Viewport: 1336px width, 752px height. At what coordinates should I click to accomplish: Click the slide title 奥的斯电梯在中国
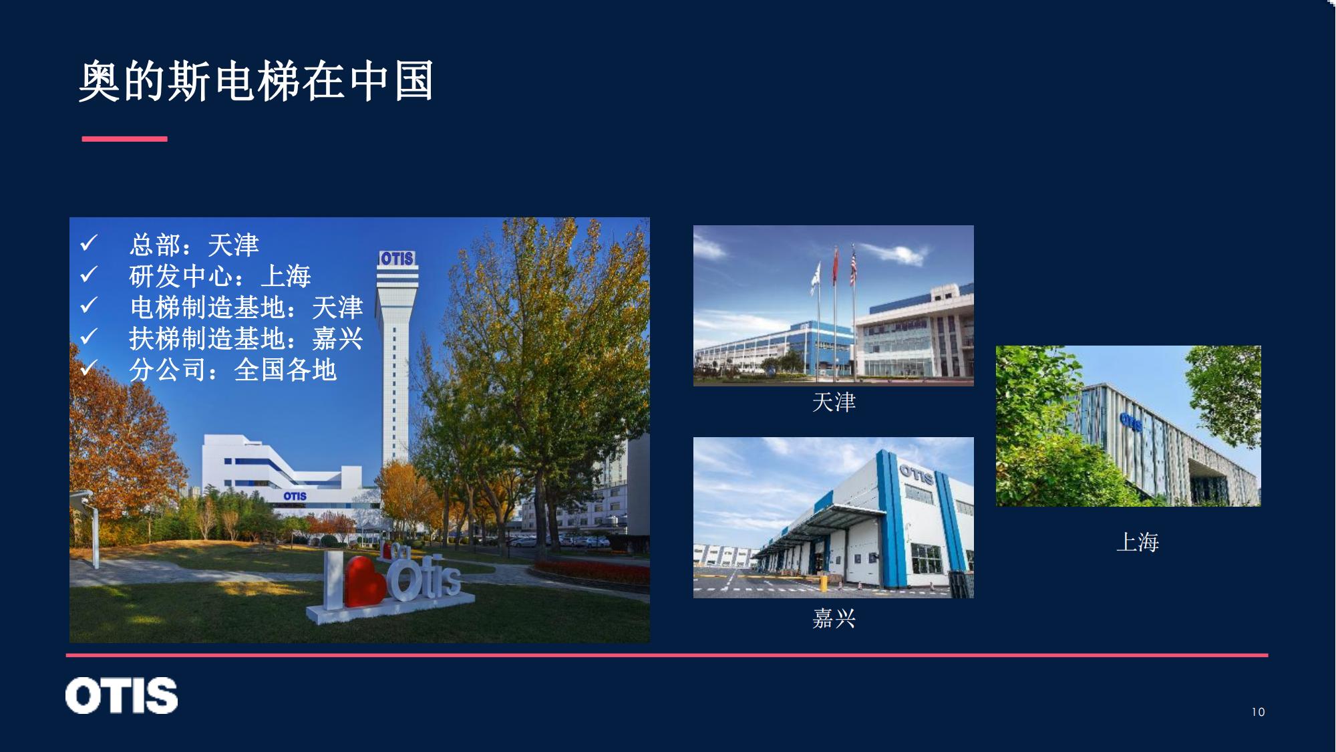[x=257, y=82]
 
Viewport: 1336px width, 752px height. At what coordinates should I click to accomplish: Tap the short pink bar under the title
[x=124, y=139]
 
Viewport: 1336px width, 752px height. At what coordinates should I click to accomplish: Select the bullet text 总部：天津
[x=194, y=245]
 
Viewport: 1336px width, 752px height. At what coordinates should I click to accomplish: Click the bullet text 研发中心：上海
[x=220, y=275]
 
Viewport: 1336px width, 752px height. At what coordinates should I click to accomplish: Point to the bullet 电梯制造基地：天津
[x=246, y=307]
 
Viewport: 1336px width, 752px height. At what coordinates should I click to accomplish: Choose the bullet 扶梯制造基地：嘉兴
[x=246, y=338]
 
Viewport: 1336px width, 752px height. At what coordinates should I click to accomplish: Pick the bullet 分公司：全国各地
[x=232, y=370]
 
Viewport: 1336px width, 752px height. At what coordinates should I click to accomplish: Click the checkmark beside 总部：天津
[x=89, y=243]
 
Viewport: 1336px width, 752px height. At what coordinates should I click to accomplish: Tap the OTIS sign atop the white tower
[x=397, y=258]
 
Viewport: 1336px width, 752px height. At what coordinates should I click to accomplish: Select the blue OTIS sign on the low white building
[x=295, y=496]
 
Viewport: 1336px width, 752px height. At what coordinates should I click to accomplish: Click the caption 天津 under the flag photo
[x=834, y=402]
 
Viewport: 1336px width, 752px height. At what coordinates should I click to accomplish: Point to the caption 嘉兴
[x=834, y=618]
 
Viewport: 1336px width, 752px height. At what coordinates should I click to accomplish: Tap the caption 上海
[x=1138, y=542]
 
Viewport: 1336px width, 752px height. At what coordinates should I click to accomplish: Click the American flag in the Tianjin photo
[x=853, y=265]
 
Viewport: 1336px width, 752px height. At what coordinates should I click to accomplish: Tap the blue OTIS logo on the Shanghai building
[x=1130, y=421]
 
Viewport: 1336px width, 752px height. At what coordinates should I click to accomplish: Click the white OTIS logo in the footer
[x=122, y=695]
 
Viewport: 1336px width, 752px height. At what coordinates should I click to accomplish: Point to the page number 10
[x=1259, y=712]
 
